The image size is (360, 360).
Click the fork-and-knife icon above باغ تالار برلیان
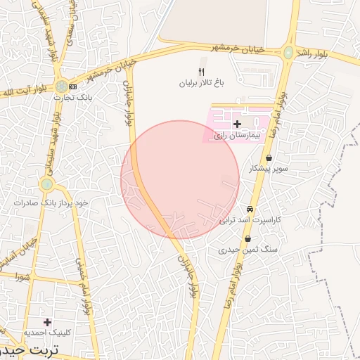pos(202,72)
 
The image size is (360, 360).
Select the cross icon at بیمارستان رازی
pos(237,124)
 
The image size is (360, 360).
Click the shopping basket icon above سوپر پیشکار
pos(269,158)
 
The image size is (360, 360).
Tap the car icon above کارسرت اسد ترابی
pos(250,210)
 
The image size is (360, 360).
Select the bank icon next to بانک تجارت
pos(72,86)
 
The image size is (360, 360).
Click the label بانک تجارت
pos(72,97)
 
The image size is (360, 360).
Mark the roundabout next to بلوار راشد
pos(288,53)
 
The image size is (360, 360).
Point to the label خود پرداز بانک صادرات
pos(51,202)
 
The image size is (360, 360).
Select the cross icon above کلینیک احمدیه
pos(47,322)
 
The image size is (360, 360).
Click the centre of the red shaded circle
pos(180,180)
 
